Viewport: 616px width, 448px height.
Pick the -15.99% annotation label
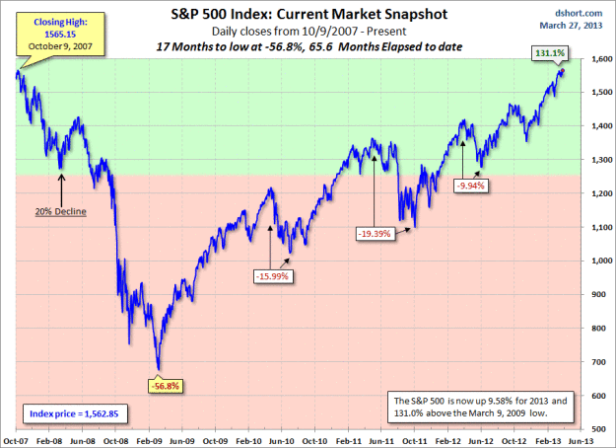(x=273, y=276)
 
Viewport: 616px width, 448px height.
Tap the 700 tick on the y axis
(x=590, y=362)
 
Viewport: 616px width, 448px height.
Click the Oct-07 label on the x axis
(x=16, y=440)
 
